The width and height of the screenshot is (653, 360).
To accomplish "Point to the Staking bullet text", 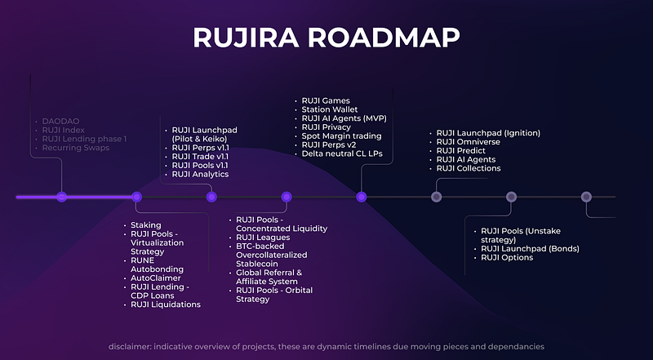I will coord(146,225).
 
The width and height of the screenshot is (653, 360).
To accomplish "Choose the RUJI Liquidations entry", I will coord(166,304).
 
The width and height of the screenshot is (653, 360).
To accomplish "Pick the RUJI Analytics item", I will coord(200,174).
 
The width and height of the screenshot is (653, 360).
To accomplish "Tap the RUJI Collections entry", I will coord(469,168).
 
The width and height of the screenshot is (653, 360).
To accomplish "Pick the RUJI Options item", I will coord(507,258).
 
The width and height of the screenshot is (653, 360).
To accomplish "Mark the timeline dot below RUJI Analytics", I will coord(211,197).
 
